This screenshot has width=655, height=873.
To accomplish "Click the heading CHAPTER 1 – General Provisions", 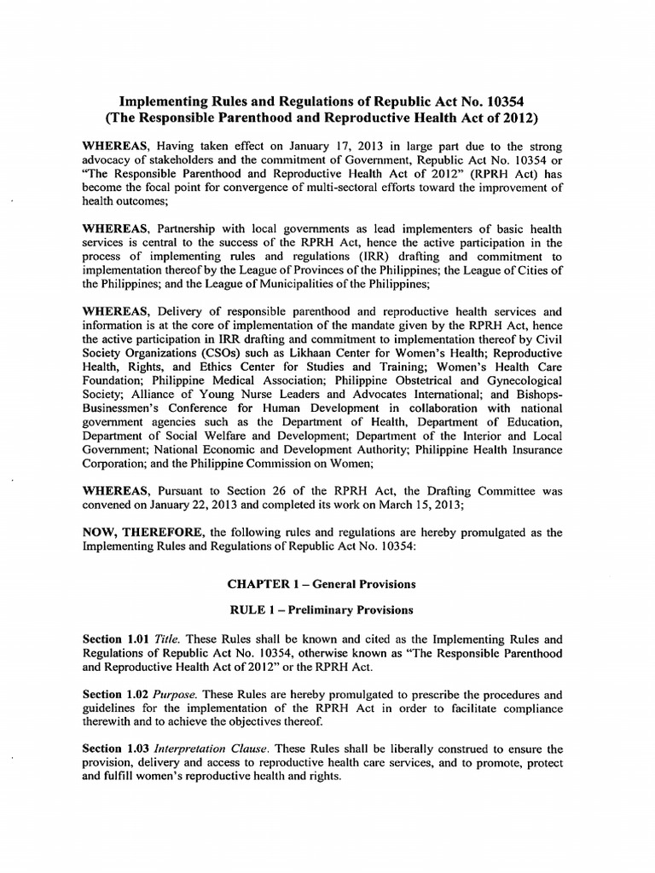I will pos(321,584).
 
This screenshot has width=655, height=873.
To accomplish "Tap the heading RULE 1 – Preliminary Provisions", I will pos(321,610).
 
